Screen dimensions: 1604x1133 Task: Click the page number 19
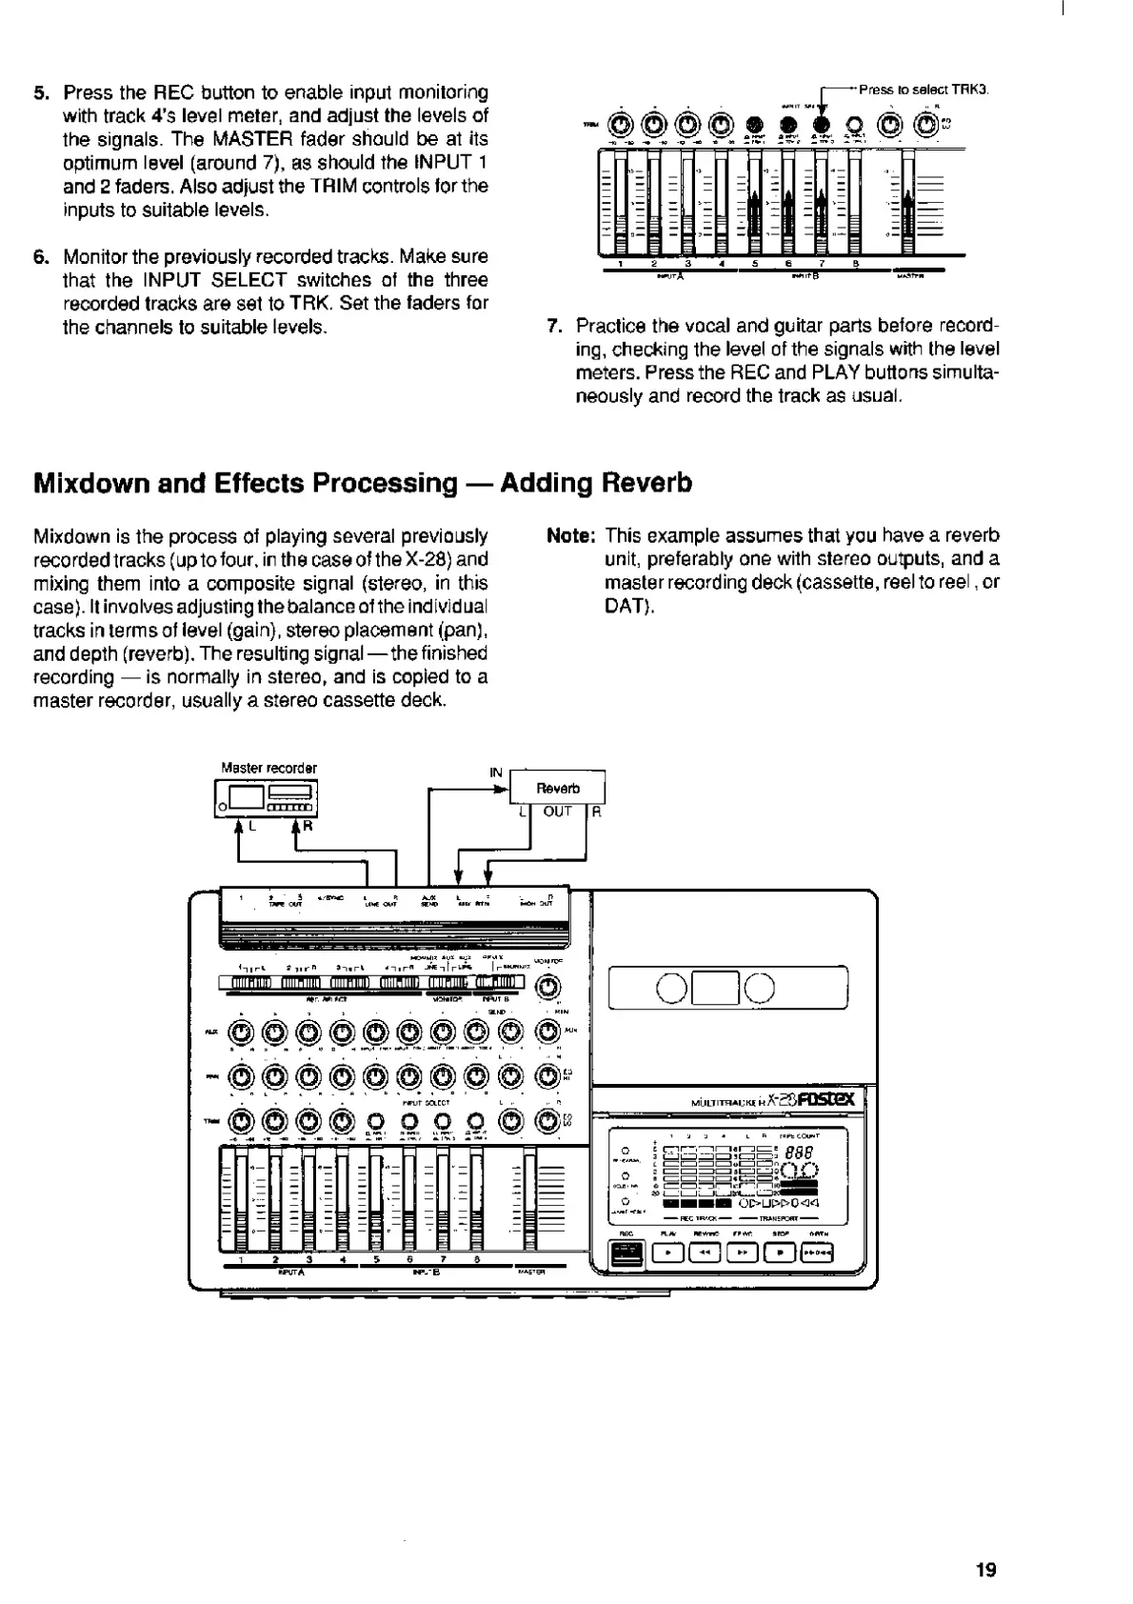click(985, 1570)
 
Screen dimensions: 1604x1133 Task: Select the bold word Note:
click(571, 536)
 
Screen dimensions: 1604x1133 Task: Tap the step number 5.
click(40, 93)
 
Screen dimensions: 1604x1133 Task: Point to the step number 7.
click(553, 326)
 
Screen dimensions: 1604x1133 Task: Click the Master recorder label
click(268, 768)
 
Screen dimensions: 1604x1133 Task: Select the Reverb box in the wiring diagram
click(558, 789)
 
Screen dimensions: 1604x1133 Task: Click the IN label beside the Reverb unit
click(496, 772)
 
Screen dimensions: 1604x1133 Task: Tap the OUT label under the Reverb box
click(557, 812)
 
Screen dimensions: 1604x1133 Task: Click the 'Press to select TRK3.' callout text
click(924, 90)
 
